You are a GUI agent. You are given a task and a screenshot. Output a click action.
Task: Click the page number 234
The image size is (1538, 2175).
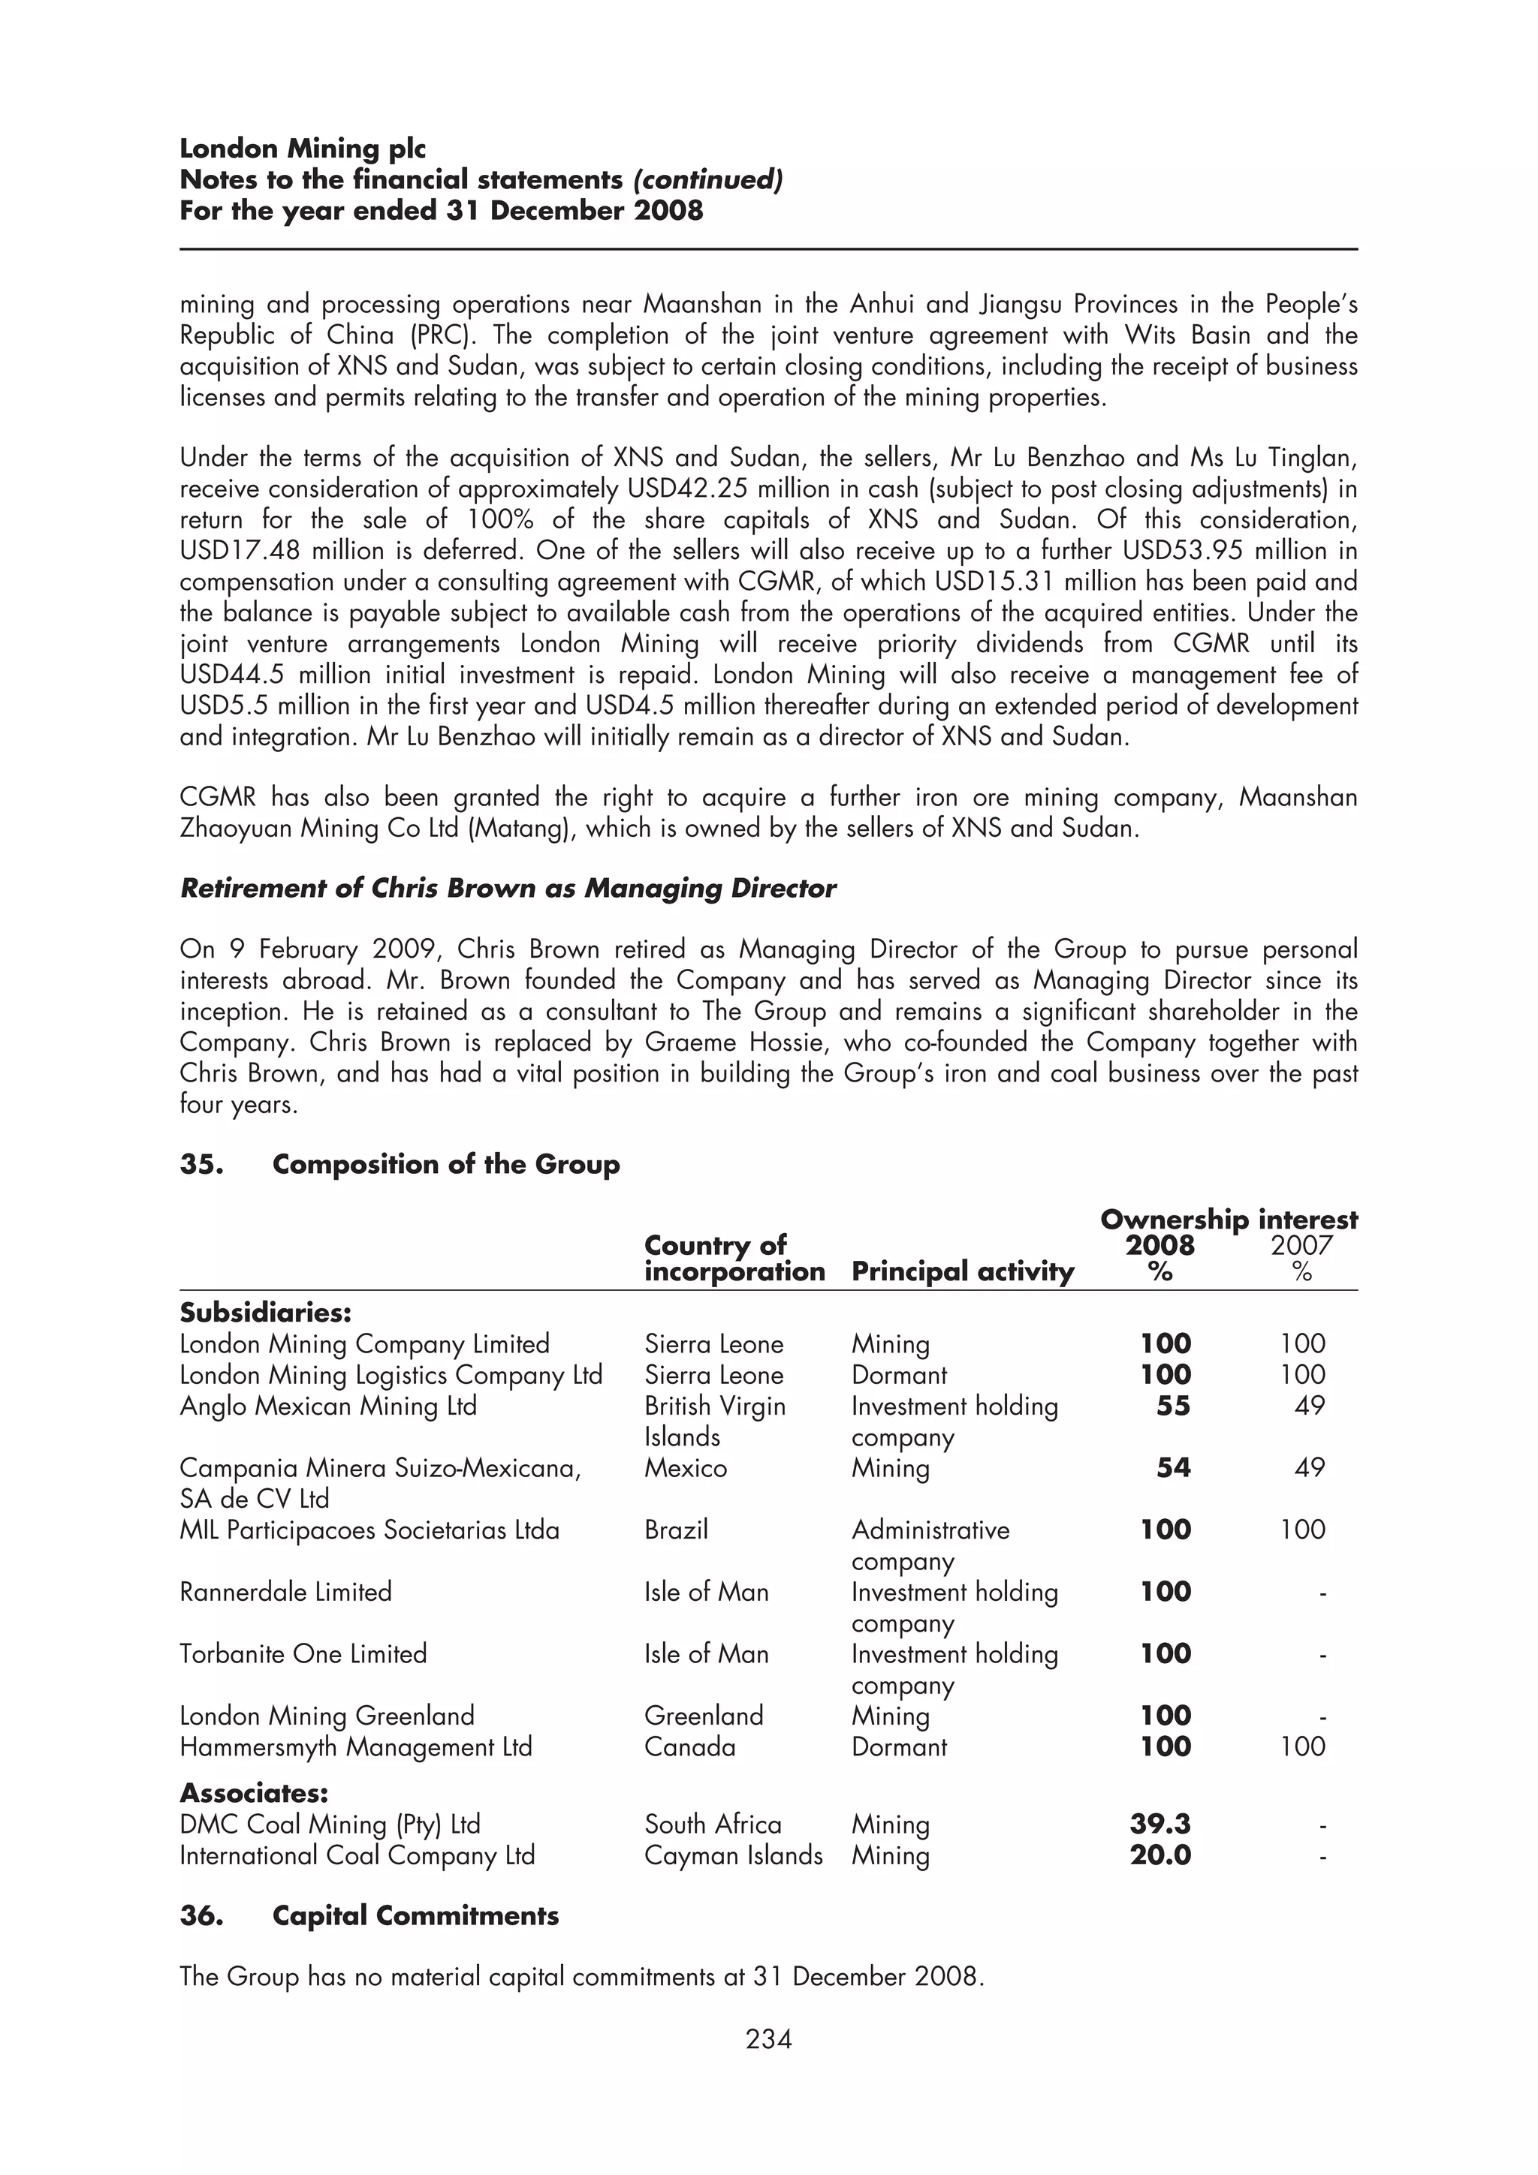[x=768, y=2038]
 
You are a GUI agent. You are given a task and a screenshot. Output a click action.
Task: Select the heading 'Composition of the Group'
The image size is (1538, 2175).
[x=445, y=1164]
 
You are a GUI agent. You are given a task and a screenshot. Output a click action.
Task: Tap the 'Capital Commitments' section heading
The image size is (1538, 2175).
[x=415, y=1915]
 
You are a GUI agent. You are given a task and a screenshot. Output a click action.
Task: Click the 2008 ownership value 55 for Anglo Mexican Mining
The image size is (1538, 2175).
[x=1172, y=1406]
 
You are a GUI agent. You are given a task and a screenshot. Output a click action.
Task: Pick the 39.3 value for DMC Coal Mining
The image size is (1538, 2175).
[x=1160, y=1824]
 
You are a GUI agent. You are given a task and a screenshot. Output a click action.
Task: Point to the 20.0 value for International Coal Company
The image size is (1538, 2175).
[x=1160, y=1855]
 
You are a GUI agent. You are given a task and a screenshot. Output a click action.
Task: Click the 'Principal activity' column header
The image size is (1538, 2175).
[x=962, y=1271]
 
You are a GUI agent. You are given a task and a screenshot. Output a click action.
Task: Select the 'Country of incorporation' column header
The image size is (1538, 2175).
[x=734, y=1258]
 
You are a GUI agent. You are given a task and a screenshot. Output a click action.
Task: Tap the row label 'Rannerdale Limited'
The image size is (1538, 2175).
[x=285, y=1591]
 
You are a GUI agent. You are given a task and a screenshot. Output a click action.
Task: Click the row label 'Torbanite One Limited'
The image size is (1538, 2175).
[x=303, y=1654]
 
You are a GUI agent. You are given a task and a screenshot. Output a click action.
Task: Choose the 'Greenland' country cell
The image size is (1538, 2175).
[x=703, y=1716]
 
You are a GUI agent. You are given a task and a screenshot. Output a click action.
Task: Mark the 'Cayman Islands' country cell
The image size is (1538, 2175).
[x=732, y=1855]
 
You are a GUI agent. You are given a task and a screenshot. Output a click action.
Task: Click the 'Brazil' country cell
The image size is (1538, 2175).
[x=676, y=1530]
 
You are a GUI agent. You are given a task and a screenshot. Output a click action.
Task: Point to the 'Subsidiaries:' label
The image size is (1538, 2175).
[x=265, y=1313]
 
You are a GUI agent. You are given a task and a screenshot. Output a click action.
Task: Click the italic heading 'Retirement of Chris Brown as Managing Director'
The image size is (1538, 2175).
[x=508, y=889]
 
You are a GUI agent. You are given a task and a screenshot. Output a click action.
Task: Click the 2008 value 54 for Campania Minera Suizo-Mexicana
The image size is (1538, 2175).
[x=1172, y=1468]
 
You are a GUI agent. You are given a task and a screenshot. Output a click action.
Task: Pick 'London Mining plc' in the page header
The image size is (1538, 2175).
[x=303, y=149]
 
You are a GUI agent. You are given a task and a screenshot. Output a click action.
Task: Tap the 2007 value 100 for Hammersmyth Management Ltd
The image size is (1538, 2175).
[x=1302, y=1746]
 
